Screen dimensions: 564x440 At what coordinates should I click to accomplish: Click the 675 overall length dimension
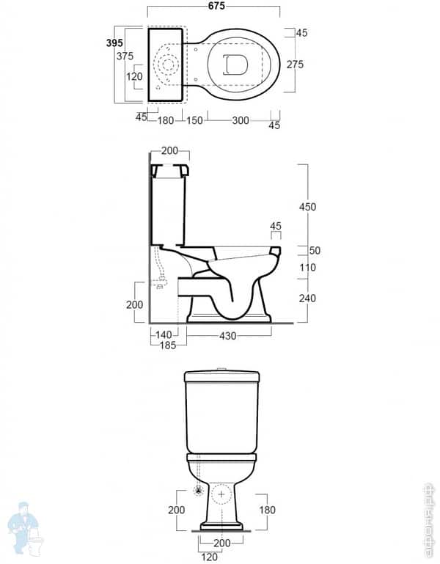[214, 6]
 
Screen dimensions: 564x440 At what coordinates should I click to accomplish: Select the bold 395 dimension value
[114, 43]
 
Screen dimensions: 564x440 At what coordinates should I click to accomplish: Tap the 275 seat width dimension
[296, 65]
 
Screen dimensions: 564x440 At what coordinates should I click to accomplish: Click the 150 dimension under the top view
[194, 120]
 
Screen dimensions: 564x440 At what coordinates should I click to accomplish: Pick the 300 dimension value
[240, 120]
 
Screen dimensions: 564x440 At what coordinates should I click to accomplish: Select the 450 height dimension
[307, 207]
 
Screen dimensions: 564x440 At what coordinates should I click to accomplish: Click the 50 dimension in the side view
[315, 251]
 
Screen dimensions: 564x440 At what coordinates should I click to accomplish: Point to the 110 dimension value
[307, 268]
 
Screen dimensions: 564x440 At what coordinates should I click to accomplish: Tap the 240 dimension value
[307, 298]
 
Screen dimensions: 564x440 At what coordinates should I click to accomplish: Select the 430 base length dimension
[229, 334]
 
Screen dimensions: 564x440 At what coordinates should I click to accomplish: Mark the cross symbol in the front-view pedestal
[221, 494]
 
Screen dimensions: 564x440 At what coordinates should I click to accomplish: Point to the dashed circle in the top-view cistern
[169, 65]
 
